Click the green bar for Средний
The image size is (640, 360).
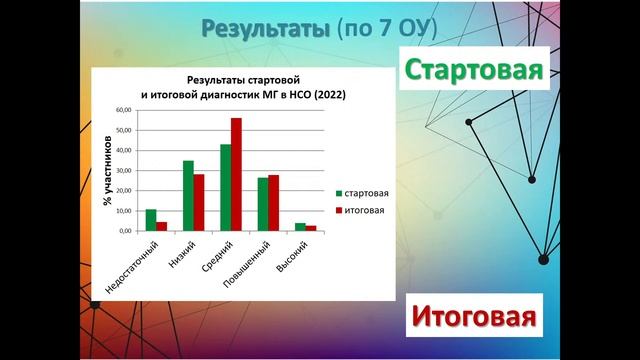tap(225, 188)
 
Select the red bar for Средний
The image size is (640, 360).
tap(236, 175)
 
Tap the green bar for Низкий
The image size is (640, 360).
tap(188, 196)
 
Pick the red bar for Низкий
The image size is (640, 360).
tap(199, 202)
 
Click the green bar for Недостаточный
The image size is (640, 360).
tap(151, 220)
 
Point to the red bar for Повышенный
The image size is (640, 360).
tap(273, 203)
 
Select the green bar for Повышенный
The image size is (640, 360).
tap(263, 204)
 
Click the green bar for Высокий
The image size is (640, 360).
tap(300, 227)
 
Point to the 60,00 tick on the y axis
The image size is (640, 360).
tap(125, 110)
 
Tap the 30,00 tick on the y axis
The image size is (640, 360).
tap(125, 170)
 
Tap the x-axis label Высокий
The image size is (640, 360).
tap(291, 258)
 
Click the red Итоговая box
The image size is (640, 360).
tap(471, 318)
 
